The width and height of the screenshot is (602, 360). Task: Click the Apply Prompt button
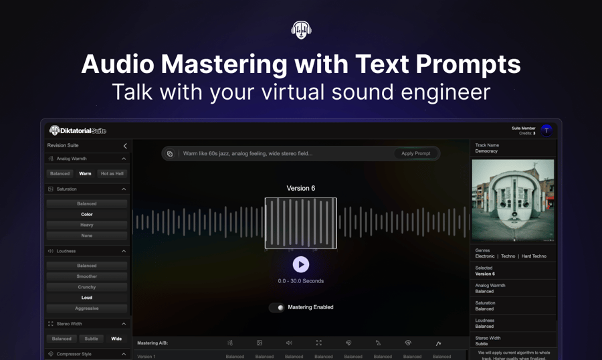coord(415,153)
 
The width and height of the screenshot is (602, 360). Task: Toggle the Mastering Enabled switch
coord(277,308)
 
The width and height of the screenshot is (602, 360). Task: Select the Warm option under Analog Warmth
coord(85,173)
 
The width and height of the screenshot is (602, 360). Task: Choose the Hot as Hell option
coord(112,173)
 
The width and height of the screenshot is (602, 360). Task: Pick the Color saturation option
coord(87,214)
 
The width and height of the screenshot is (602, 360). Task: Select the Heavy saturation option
coord(87,225)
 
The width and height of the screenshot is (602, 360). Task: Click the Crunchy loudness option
coord(87,287)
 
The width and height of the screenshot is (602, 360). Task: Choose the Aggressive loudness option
coord(87,308)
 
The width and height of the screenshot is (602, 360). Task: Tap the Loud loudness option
coord(87,298)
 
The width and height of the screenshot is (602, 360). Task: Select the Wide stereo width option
coord(116,339)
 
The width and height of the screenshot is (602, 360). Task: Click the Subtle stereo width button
coord(91,339)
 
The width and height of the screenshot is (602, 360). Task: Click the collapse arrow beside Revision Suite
coord(124,146)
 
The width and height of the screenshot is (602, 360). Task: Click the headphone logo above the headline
coord(301,29)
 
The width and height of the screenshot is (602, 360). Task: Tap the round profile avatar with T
coord(546,130)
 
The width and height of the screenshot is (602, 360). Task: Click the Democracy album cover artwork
coord(513,200)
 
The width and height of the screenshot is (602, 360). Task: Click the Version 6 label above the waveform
coord(301,188)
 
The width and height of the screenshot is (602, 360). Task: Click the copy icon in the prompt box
coord(170,154)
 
